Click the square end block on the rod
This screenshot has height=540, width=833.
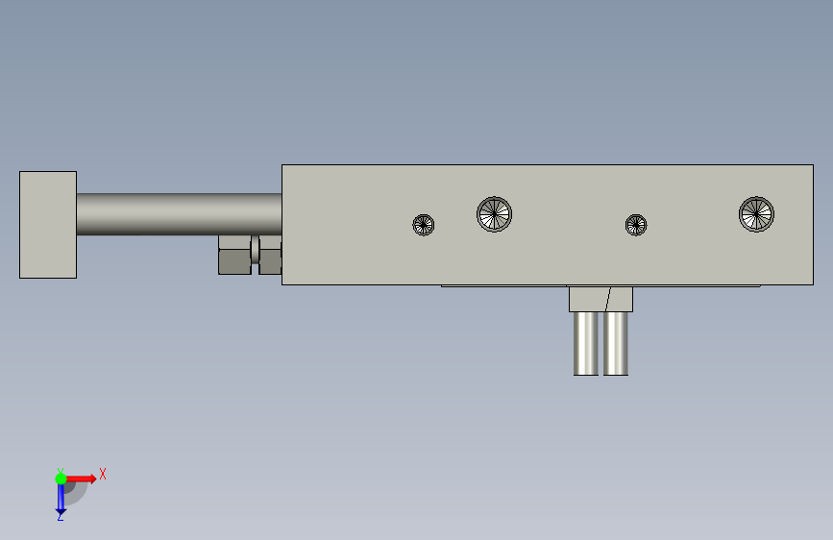pos(48,224)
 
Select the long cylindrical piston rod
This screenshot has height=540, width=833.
pos(179,214)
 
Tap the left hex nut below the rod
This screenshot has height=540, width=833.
pos(234,256)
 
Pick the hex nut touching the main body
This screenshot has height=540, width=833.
pos(270,256)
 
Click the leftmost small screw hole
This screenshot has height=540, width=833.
pos(424,225)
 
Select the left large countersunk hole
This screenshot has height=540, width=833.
pos(494,214)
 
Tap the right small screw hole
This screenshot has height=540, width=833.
pos(636,225)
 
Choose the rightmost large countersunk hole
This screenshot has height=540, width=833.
pos(756,214)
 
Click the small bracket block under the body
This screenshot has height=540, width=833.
pos(600,299)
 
